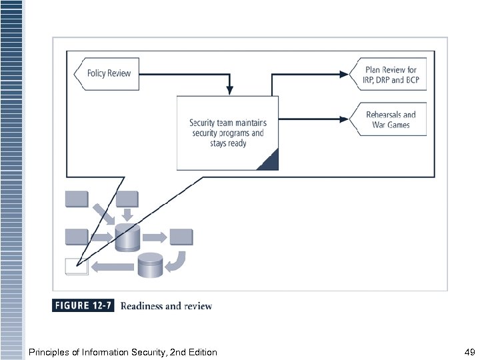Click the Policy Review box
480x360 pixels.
click(107, 73)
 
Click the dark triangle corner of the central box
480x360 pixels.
click(269, 161)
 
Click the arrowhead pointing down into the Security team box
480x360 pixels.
click(229, 89)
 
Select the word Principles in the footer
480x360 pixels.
click(48, 352)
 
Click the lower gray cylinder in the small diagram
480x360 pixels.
click(150, 265)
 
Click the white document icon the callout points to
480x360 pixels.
click(76, 267)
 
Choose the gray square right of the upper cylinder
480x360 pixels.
click(181, 237)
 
